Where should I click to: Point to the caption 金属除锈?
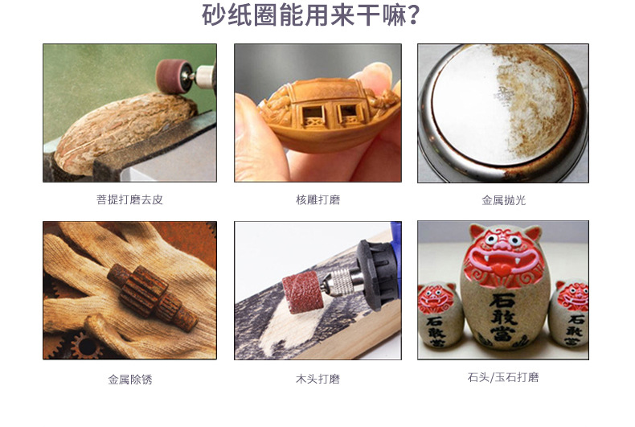pyautogui.click(x=129, y=379)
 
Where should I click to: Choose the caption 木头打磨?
pyautogui.click(x=317, y=379)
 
